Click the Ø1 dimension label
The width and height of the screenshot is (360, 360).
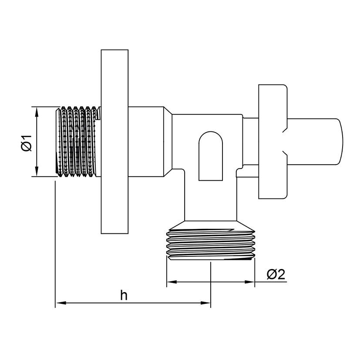point(27,143)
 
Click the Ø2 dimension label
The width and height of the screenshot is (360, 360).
point(276,274)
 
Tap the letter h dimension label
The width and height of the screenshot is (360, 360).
point(124,295)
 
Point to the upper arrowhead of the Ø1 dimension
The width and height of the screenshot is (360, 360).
point(36,112)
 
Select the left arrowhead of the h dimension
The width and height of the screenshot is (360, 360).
point(61,303)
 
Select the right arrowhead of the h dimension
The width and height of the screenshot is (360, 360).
point(205,303)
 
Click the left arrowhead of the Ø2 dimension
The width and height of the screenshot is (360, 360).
point(172,282)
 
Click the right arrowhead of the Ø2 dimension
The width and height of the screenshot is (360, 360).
point(250,282)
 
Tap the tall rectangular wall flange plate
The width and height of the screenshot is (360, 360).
point(114,141)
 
